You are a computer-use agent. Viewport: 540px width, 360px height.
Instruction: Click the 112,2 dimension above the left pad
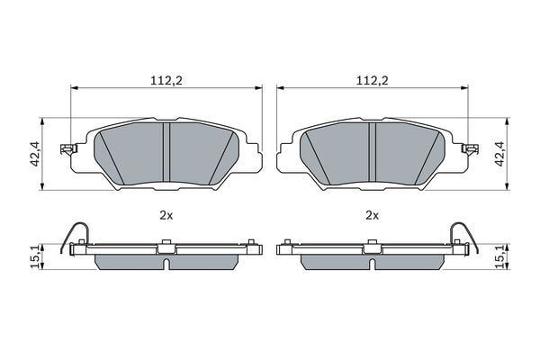(x=166, y=80)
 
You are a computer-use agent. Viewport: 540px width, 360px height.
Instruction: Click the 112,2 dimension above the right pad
(x=372, y=80)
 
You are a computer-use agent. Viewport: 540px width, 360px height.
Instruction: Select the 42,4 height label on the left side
(x=36, y=154)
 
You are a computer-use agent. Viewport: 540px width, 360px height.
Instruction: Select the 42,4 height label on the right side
(x=499, y=154)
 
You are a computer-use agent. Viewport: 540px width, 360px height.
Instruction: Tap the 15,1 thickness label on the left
(x=36, y=257)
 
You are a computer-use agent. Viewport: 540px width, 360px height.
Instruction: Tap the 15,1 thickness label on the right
(x=499, y=257)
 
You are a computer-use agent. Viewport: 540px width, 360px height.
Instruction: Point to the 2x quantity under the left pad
(x=166, y=216)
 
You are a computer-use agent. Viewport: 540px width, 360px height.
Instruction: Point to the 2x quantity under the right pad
(x=372, y=216)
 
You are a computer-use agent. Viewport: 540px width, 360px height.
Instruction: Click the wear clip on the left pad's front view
(x=68, y=148)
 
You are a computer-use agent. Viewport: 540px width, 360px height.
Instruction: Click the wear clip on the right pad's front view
(x=470, y=148)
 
